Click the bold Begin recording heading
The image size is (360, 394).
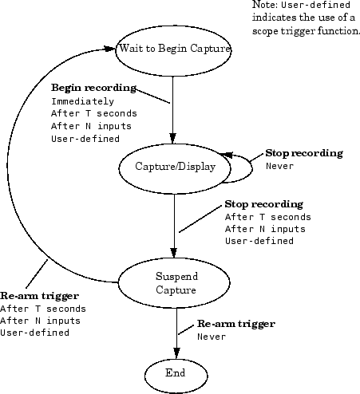(93, 87)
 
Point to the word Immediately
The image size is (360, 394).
(82, 101)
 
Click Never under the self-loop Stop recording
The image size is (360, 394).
(280, 166)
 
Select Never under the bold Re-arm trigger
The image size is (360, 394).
(212, 337)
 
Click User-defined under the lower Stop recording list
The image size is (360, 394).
(259, 241)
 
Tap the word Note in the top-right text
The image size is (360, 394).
(263, 5)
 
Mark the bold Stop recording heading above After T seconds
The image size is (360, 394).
(263, 203)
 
